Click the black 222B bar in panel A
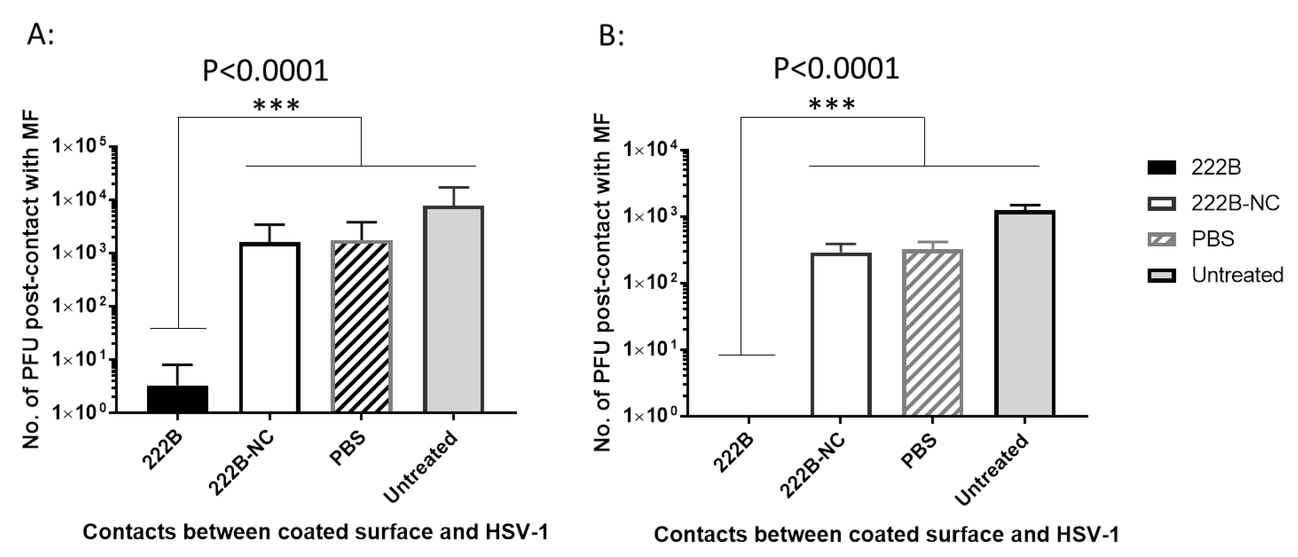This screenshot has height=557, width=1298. coord(177,399)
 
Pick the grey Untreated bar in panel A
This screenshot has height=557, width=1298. coord(454,309)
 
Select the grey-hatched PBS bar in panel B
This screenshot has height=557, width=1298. coord(933,332)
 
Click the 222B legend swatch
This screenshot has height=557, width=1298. coord(1162,168)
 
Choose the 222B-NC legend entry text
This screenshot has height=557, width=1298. coord(1235,203)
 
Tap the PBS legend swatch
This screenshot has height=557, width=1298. coord(1162,239)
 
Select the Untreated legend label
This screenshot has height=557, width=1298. coord(1237,275)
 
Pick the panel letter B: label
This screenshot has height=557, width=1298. coord(611,36)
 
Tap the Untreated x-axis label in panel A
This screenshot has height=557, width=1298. coord(421,467)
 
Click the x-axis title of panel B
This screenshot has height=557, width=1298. coord(886,535)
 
